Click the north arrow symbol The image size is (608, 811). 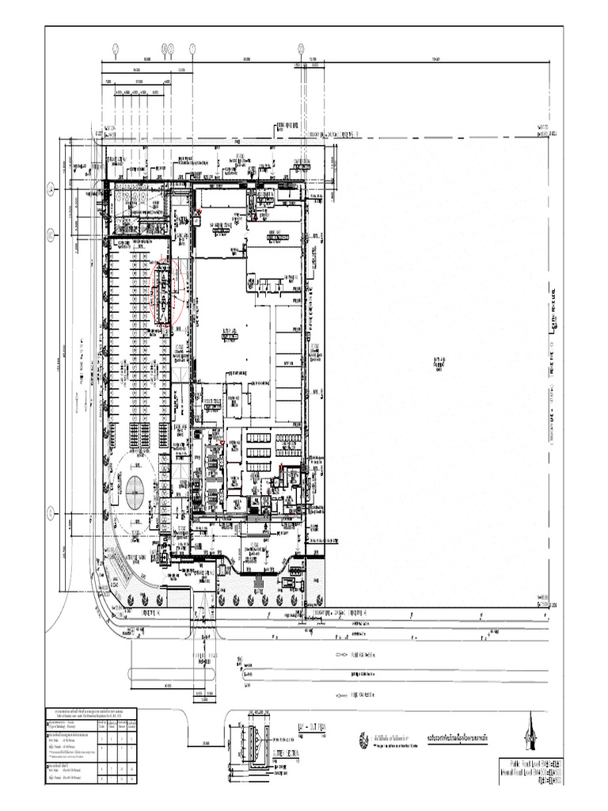point(528,733)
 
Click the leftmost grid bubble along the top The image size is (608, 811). point(116,48)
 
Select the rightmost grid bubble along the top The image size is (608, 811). point(301,48)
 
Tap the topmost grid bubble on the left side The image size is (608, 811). point(50,188)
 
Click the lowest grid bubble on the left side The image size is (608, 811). point(50,514)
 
